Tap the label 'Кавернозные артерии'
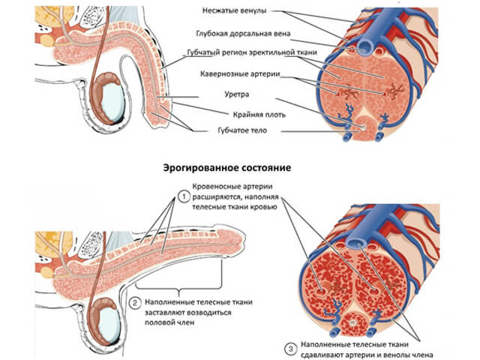point(241,76)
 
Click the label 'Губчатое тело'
point(235,130)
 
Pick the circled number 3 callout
point(289,347)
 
